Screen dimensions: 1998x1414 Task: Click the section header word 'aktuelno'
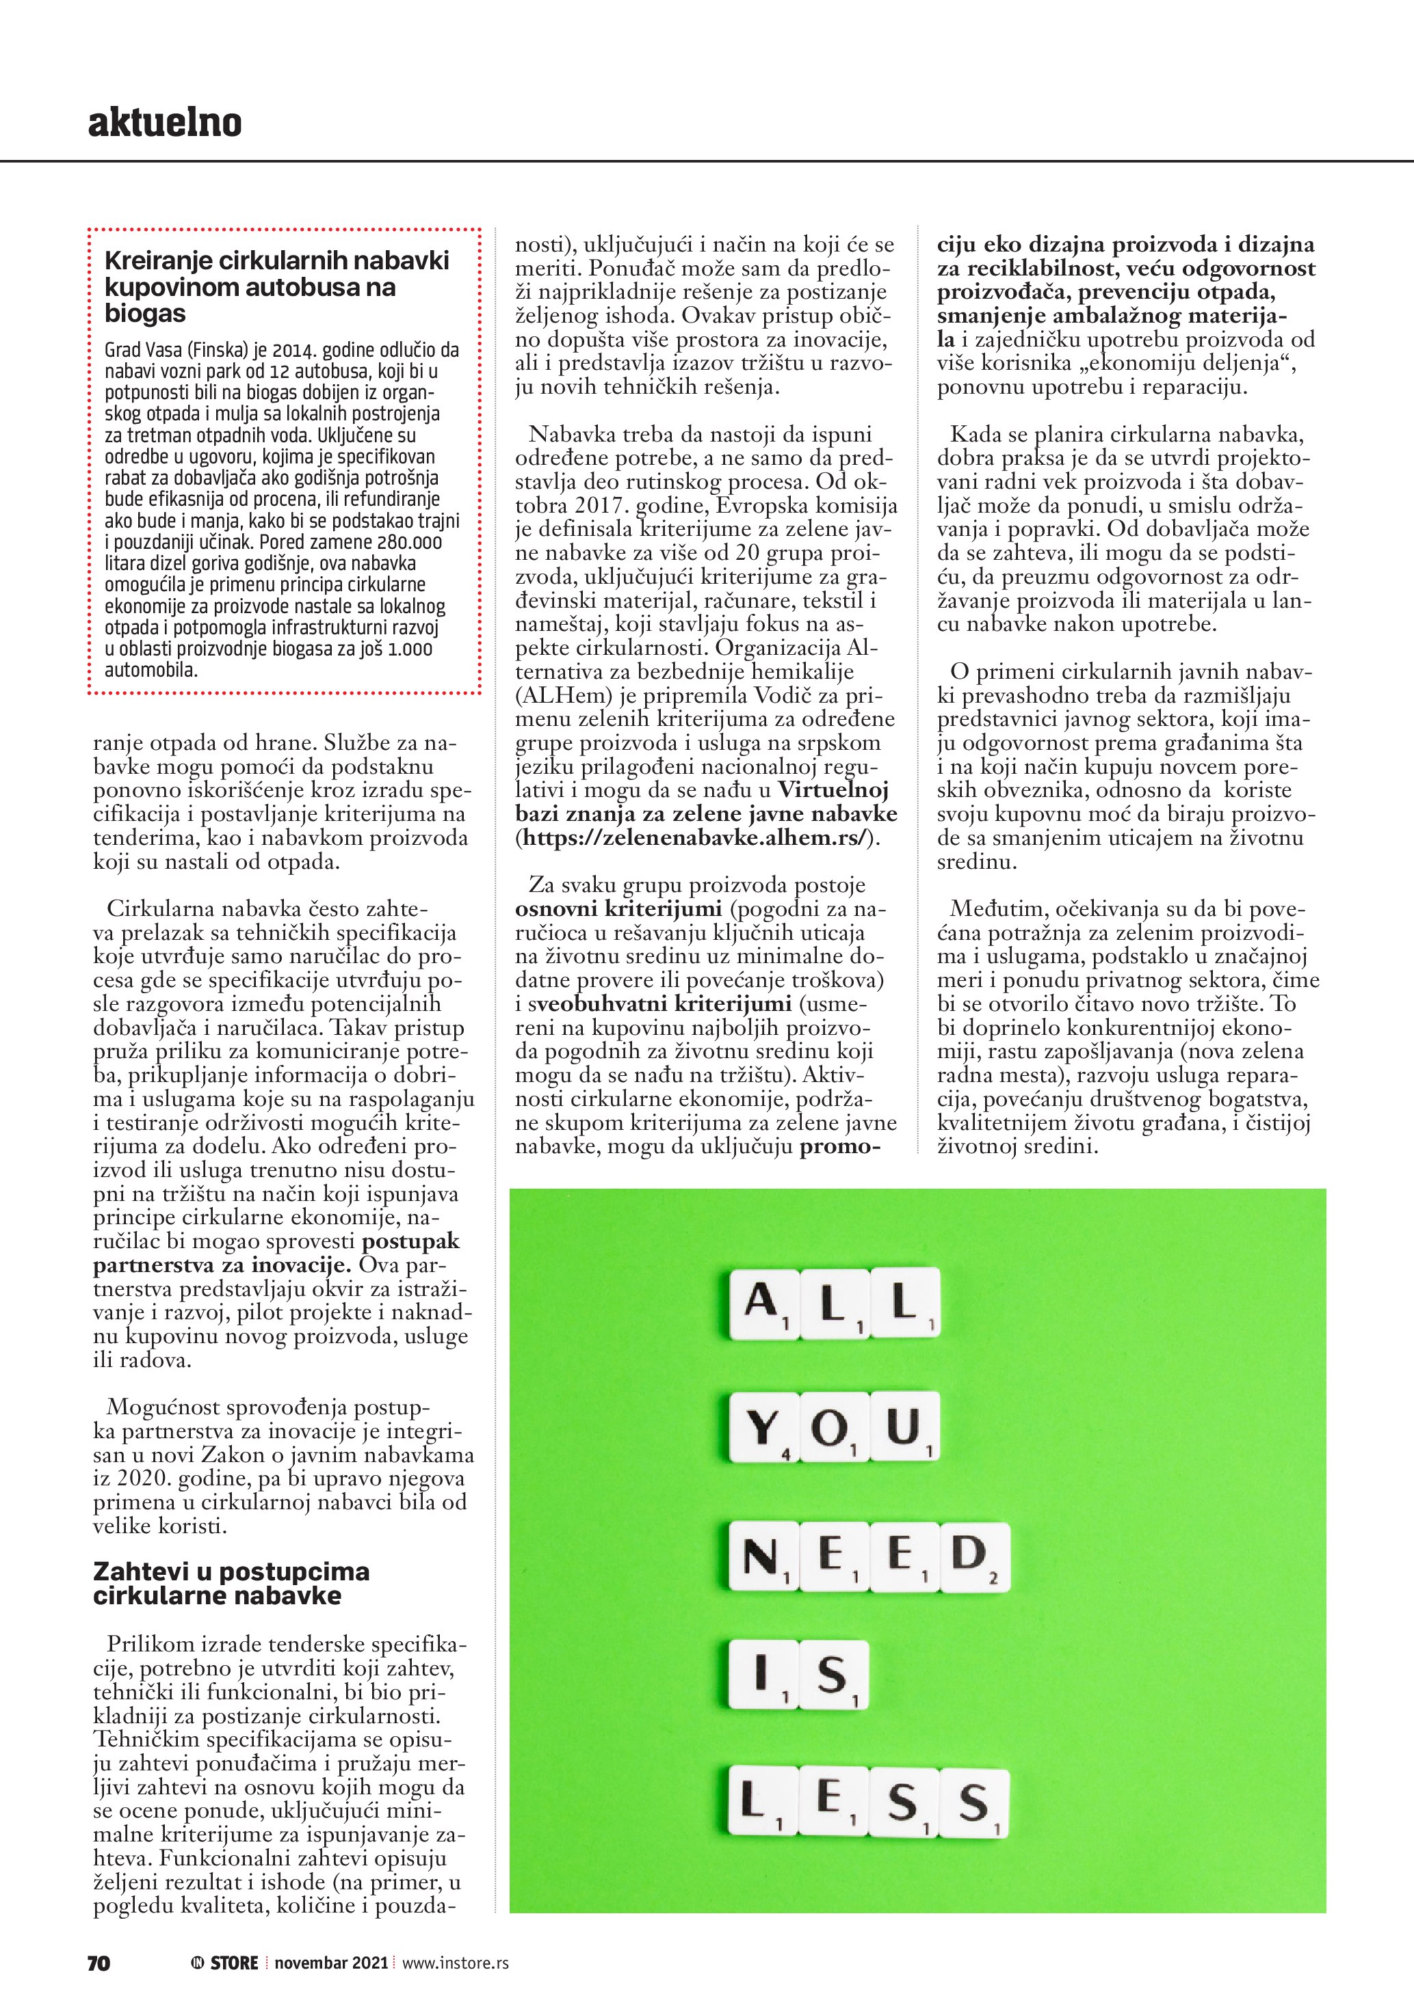pos(165,124)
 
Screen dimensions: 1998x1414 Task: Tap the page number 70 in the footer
pos(99,1962)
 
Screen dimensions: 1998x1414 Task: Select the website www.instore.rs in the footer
pos(456,1962)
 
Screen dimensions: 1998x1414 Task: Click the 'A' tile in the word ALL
pos(763,1303)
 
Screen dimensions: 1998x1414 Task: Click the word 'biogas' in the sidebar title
pos(146,313)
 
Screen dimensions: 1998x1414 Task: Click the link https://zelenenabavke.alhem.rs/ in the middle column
pos(693,838)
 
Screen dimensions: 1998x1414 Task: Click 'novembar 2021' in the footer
pos(332,1962)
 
